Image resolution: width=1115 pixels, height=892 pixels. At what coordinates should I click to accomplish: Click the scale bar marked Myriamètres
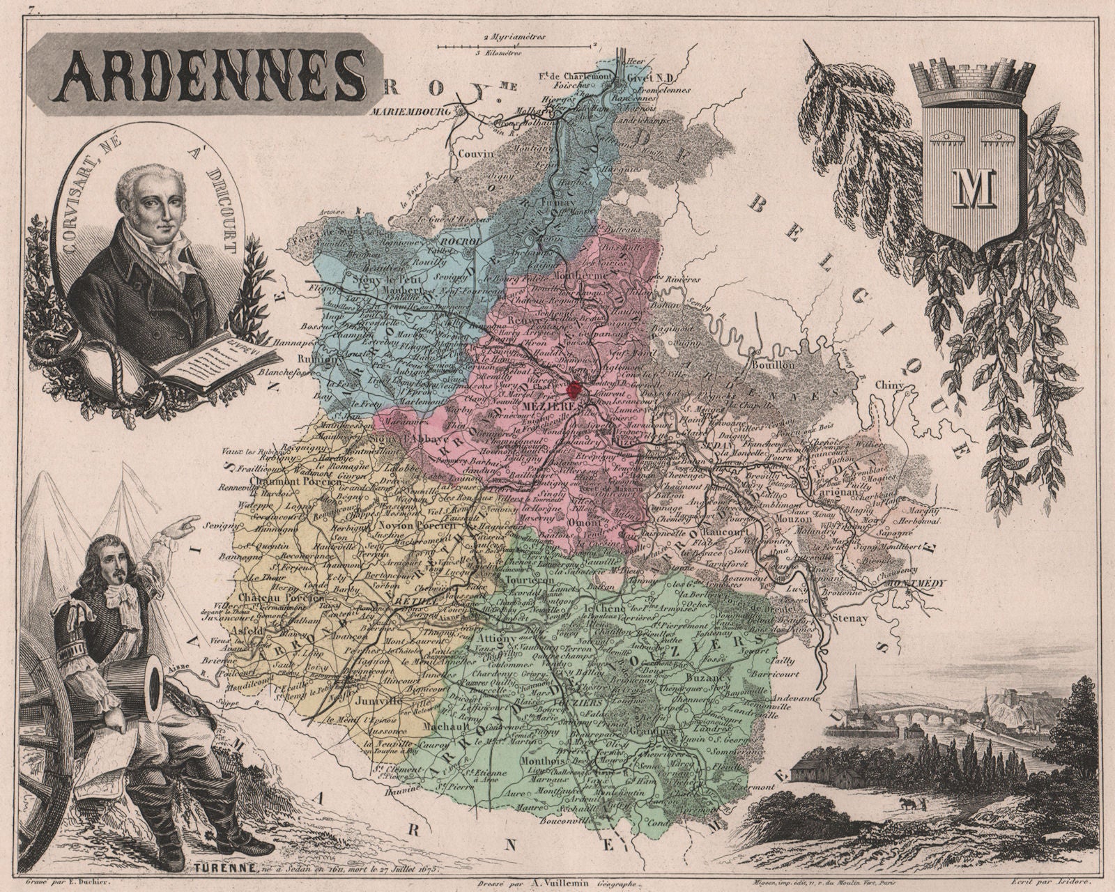click(517, 46)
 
